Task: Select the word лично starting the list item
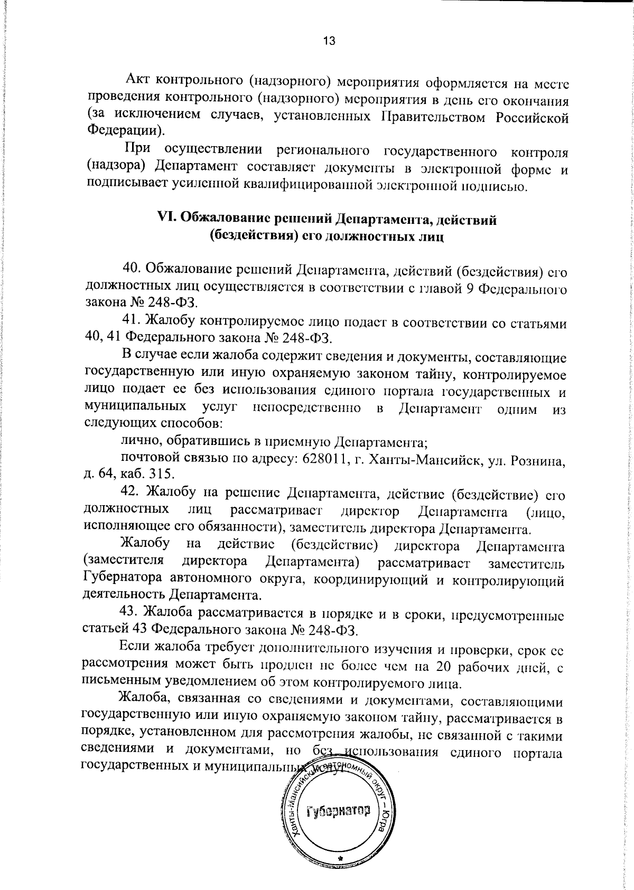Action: pos(135,441)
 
